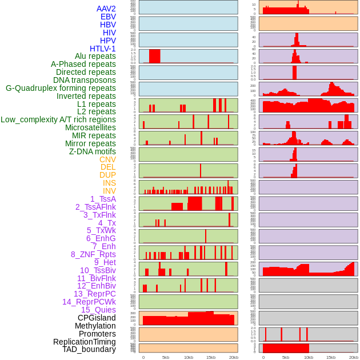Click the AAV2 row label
[106, 9]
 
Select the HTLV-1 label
[103, 49]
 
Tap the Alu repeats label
[95, 56]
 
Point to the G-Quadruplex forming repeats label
[61, 88]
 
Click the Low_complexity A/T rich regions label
[58, 119]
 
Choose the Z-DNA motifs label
[93, 151]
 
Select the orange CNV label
[107, 159]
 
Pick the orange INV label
[109, 191]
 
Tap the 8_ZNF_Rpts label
[93, 254]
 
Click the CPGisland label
[97, 318]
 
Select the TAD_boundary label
[89, 349]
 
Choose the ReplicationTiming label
[85, 342]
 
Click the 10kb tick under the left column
[189, 357]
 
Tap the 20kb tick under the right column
[354, 357]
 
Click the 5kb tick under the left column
[166, 357]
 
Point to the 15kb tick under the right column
[331, 357]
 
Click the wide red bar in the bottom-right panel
[286, 348]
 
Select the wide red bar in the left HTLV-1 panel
[154, 56]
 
